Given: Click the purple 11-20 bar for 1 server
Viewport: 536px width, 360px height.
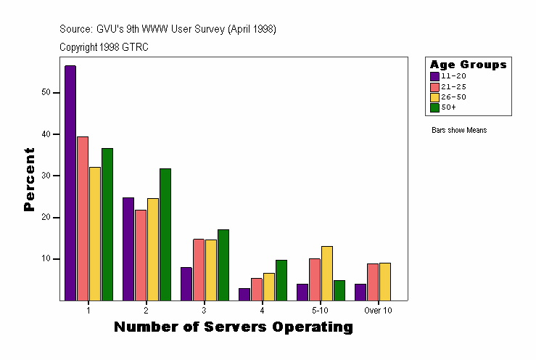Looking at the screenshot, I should pos(70,182).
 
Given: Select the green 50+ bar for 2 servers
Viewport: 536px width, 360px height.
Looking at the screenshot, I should pos(165,234).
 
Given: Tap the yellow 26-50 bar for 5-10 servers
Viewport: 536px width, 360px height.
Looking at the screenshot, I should pos(326,273).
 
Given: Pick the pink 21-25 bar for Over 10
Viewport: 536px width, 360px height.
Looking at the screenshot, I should pos(372,282).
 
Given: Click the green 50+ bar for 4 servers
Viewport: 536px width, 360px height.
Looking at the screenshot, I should pos(281,279).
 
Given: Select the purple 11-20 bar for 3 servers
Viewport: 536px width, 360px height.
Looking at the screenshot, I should pos(186,283).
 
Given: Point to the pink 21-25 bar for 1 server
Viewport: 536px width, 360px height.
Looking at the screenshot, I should pos(83,218).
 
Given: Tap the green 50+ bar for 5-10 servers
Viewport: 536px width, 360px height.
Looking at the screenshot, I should pos(339,290).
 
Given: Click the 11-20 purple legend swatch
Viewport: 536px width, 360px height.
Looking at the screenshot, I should pos(434,75).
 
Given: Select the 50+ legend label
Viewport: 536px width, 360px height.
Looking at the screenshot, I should pos(448,107).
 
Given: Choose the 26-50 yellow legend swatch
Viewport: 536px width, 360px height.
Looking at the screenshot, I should pos(434,97).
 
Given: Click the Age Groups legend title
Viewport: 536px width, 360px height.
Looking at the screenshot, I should pos(468,65).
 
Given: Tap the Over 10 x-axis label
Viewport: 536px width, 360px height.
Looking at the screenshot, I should pos(378,310).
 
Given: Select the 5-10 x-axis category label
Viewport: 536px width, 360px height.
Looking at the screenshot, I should pos(320,310).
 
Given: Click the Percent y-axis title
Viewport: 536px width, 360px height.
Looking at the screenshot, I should pos(29,179).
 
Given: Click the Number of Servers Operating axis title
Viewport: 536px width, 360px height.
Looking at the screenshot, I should pos(234,327).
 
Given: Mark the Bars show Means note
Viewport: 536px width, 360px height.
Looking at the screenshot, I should pos(458,131).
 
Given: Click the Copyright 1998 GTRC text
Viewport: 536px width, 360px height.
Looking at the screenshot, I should pos(104,47).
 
